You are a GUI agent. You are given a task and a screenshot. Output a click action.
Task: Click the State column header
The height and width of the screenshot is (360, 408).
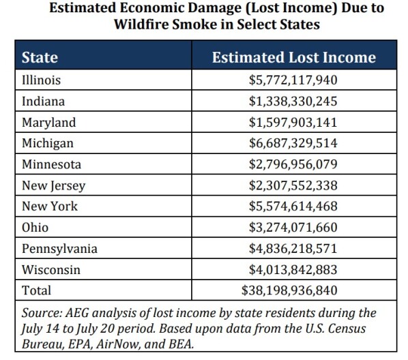click(40, 57)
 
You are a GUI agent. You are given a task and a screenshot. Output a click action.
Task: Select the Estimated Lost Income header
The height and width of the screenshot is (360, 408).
click(294, 57)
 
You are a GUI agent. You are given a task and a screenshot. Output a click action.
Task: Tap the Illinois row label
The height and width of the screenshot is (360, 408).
click(41, 80)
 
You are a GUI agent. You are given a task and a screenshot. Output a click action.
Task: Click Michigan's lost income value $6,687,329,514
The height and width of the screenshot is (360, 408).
click(293, 143)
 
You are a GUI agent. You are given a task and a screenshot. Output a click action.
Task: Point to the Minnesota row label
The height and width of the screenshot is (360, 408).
click(52, 164)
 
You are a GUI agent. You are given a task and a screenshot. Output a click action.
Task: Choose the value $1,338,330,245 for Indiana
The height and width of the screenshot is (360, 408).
click(293, 101)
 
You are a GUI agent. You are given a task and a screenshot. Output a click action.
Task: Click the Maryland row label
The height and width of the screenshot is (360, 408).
click(49, 122)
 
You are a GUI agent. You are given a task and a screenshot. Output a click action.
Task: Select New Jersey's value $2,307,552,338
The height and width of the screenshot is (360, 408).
click(293, 185)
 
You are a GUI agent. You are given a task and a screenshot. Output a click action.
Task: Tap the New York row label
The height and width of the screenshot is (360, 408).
click(50, 207)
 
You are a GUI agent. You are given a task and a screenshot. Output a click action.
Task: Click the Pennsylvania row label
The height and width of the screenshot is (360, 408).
click(59, 249)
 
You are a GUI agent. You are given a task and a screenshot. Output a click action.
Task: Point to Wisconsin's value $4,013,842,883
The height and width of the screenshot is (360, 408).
click(293, 269)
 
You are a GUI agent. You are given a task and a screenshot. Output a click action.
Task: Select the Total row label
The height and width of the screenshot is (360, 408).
click(36, 290)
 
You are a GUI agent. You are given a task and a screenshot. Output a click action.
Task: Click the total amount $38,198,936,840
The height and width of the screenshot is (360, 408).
click(289, 290)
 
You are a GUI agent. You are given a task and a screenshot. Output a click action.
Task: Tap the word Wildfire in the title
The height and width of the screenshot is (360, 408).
click(141, 25)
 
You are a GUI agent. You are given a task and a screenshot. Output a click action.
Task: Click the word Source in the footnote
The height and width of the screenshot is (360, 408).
click(42, 313)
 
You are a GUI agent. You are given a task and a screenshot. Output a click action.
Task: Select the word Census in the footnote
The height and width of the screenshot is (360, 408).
click(347, 329)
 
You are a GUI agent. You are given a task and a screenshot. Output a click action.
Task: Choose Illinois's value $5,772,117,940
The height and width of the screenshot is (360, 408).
click(293, 80)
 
